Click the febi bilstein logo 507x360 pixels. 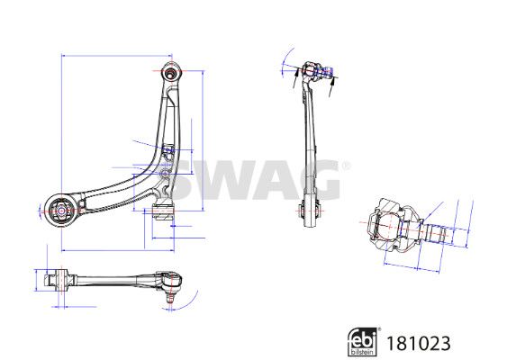tap(363, 342)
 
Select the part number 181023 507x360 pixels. tap(418, 343)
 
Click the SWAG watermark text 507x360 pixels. tap(256, 180)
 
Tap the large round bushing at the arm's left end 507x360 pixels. tap(61, 211)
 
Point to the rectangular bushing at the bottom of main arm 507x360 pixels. tap(163, 211)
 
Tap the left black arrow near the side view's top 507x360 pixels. tap(294, 77)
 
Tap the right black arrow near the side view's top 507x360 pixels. tap(331, 86)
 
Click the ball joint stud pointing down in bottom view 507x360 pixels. tap(170, 296)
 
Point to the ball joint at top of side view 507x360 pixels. tap(317, 71)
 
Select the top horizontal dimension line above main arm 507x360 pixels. tap(117, 56)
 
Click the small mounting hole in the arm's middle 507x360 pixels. tap(164, 174)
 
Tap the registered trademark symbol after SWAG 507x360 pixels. tap(346, 166)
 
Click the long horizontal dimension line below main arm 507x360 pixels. tap(118, 250)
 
